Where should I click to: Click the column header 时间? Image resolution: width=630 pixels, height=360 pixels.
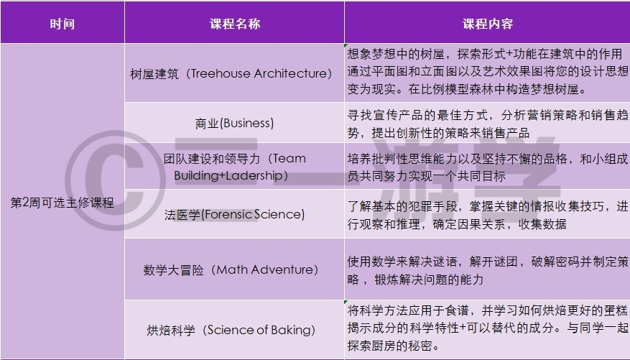[x=62, y=24]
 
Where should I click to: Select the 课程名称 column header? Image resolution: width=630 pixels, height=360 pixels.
[x=235, y=24]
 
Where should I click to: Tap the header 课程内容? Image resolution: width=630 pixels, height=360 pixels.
[x=487, y=24]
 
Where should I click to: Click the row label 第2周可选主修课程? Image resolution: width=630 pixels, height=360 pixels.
[x=62, y=203]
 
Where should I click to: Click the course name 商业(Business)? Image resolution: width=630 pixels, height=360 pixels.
[x=235, y=123]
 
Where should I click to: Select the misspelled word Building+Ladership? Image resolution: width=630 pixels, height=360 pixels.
[x=228, y=176]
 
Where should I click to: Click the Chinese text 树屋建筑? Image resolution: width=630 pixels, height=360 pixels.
[x=154, y=74]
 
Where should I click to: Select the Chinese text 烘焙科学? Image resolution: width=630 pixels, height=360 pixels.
[x=171, y=331]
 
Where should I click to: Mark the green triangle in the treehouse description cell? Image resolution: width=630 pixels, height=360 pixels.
[x=346, y=45]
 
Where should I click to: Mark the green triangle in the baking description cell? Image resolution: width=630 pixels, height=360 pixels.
[x=346, y=302]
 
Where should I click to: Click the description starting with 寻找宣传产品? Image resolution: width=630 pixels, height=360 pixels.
[x=487, y=124]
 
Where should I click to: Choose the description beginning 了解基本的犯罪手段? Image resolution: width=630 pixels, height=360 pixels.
[x=487, y=215]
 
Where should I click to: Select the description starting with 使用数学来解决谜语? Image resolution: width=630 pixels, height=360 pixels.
[x=487, y=270]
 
